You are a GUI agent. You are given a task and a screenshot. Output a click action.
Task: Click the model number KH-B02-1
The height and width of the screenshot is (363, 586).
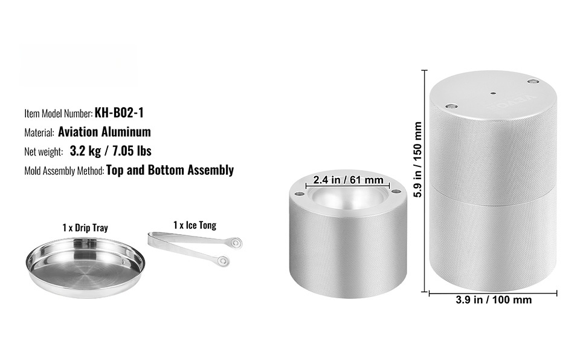[119, 113]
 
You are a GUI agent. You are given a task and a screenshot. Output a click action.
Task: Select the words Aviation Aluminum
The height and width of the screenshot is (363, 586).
[105, 132]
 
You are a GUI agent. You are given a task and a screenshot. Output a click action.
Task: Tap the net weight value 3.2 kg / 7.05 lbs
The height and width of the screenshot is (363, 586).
[111, 151]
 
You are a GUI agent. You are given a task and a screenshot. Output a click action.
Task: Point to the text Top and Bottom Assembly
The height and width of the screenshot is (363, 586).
[170, 170]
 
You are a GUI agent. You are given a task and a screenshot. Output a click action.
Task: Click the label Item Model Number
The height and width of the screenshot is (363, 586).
[59, 113]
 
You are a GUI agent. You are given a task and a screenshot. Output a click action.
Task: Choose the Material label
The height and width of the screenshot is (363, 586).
[39, 132]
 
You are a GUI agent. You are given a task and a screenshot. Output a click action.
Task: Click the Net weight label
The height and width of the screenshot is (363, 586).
[43, 152]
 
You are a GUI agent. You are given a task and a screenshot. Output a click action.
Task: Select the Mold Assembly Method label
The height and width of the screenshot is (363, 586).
[64, 171]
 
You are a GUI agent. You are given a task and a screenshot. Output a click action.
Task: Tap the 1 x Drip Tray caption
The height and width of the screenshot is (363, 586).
[85, 228]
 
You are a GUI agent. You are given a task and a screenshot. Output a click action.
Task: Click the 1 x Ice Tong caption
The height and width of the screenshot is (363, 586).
[195, 225]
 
